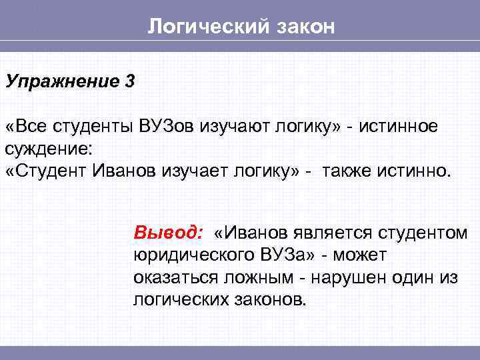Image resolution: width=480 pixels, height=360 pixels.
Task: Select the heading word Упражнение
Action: [x=60, y=82]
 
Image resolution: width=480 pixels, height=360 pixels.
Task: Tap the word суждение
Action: [x=51, y=148]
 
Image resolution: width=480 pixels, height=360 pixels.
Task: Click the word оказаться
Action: [x=169, y=277]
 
